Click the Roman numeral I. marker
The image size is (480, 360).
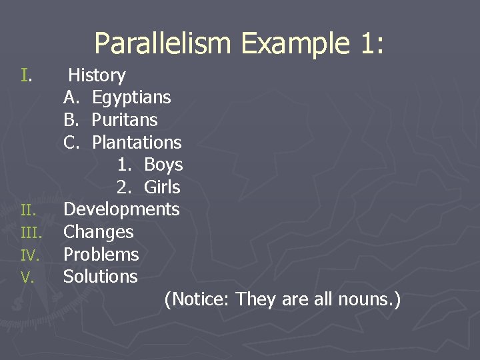[x=26, y=75]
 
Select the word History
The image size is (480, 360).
[x=97, y=75]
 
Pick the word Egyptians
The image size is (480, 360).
[x=131, y=98]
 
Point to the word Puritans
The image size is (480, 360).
[x=125, y=120]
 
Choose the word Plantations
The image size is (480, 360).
[x=137, y=143]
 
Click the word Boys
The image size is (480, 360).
[x=163, y=165]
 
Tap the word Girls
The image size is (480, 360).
[x=162, y=187]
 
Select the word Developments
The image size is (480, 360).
[x=121, y=209]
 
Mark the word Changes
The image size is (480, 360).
[x=98, y=232]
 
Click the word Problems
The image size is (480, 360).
[x=101, y=255]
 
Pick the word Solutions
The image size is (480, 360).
[x=100, y=277]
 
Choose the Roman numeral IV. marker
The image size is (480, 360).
[x=30, y=255]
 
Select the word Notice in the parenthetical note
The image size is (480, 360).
[x=197, y=299]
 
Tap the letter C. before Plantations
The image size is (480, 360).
[x=71, y=143]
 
